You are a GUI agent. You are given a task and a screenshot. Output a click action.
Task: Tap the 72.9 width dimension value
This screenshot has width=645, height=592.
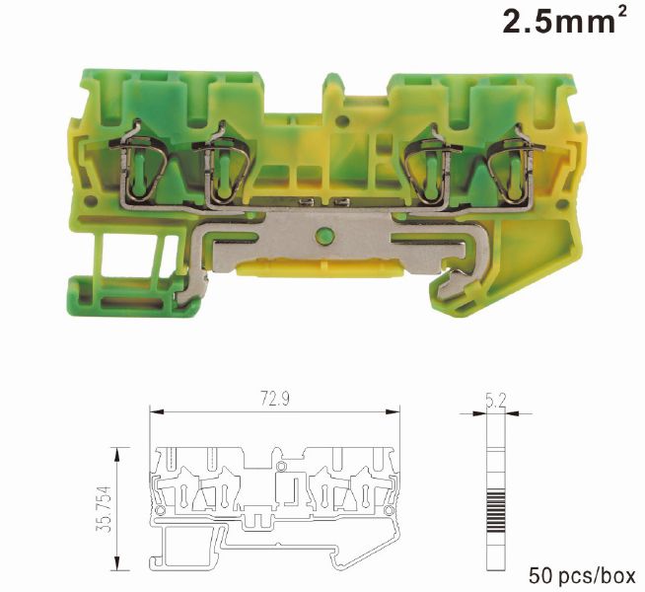tap(275, 399)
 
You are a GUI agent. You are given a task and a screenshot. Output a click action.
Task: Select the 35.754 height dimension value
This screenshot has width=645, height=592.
tap(104, 509)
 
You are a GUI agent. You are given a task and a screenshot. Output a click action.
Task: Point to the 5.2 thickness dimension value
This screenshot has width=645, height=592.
tap(496, 402)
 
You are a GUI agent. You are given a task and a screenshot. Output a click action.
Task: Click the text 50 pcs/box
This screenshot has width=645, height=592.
tap(582, 576)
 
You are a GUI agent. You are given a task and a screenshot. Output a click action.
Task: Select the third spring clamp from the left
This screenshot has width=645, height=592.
tap(431, 164)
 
